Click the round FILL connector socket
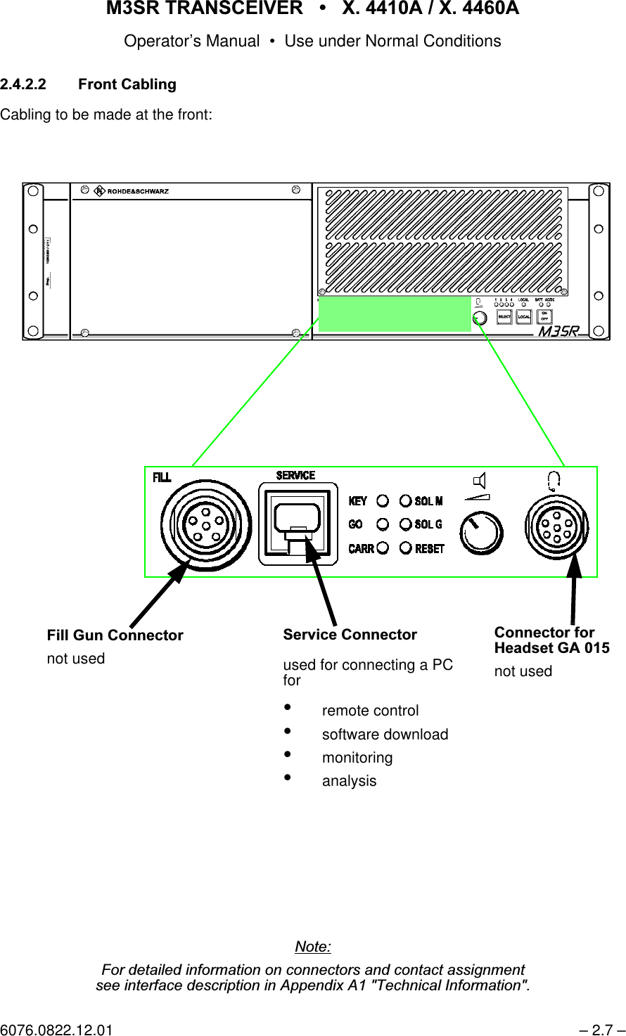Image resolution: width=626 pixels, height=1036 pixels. [205, 525]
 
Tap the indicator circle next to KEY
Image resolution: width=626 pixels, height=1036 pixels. [383, 501]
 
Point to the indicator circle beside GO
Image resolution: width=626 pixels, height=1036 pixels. [383, 524]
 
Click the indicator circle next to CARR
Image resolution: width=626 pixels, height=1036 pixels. [383, 548]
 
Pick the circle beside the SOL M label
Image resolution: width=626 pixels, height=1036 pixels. [405, 501]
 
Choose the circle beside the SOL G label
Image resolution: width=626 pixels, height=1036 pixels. [405, 524]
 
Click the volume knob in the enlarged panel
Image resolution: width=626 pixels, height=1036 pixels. [481, 532]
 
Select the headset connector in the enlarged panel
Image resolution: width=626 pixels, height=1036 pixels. [556, 527]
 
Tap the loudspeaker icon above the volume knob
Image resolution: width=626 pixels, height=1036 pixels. [479, 481]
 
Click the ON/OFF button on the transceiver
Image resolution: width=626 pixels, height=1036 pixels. [544, 316]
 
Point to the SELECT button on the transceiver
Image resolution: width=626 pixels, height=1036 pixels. [504, 317]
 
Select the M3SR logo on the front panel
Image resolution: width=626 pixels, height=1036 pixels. [558, 331]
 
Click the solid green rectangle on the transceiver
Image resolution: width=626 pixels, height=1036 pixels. [395, 313]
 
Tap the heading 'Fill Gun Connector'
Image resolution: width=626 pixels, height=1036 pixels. [115, 635]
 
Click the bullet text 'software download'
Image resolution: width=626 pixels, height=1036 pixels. [385, 734]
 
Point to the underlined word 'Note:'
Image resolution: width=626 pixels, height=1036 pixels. [313, 947]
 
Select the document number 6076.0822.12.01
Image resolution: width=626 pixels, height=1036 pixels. [56, 1030]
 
